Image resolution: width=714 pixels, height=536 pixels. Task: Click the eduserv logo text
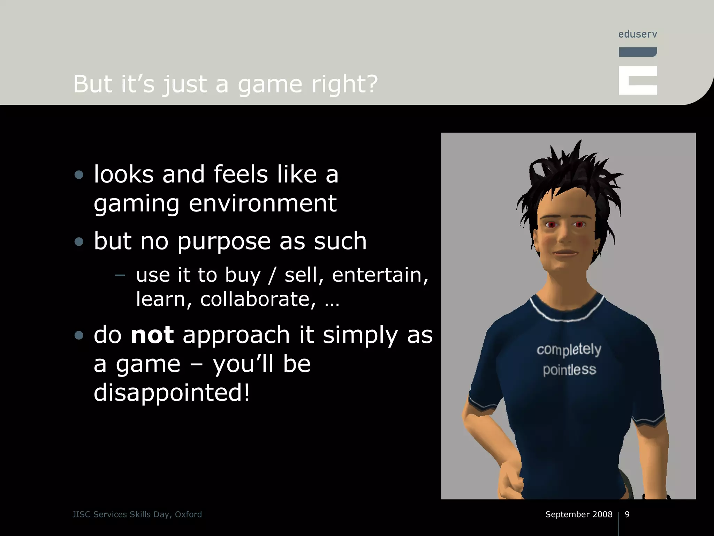click(638, 34)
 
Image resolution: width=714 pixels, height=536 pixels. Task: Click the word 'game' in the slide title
click(269, 85)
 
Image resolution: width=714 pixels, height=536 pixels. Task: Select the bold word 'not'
click(152, 335)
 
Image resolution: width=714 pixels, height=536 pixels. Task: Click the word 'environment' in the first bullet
click(263, 203)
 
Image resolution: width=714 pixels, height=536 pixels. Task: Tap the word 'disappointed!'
click(172, 393)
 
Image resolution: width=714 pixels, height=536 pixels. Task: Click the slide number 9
click(627, 514)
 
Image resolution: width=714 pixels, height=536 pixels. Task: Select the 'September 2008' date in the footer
click(579, 514)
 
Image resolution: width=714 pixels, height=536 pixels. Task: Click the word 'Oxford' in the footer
click(188, 514)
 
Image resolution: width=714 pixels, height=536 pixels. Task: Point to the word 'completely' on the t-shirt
click(569, 349)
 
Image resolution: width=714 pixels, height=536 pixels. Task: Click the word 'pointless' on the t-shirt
click(569, 370)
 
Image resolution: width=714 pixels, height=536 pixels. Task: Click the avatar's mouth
click(565, 252)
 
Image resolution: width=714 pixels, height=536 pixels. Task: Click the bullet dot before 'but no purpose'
click(79, 241)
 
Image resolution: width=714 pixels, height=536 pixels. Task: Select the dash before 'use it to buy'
click(120, 275)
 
